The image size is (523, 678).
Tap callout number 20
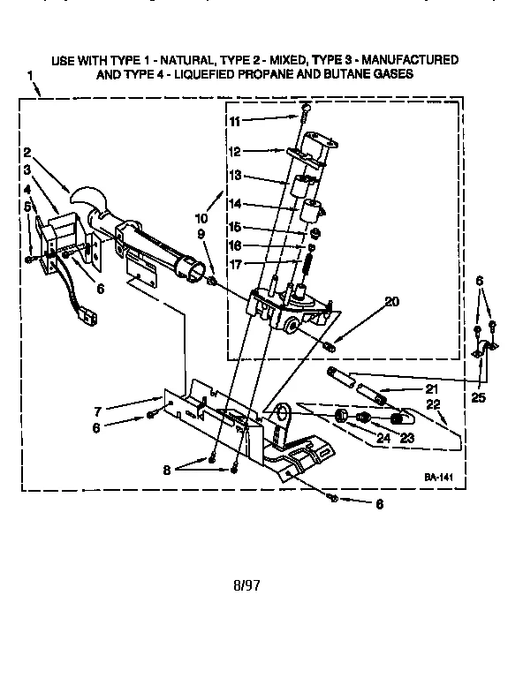392,301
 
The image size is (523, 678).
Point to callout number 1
33,87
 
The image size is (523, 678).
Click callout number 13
234,176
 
